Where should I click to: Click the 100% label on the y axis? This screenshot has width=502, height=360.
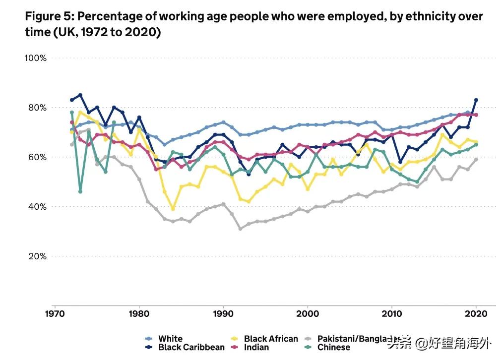(36, 58)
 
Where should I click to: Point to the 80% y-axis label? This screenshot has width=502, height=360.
(37, 108)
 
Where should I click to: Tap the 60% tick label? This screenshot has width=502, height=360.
(37, 157)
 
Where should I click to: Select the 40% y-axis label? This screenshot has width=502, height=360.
(37, 207)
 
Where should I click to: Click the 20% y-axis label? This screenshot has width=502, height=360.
(37, 256)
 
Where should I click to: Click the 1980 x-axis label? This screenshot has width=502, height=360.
(139, 314)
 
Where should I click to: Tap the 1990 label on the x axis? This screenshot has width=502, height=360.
(223, 314)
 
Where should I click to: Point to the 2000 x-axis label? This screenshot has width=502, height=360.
(308, 314)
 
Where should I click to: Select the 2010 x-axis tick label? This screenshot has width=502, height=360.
(392, 314)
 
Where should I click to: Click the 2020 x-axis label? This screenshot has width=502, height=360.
(476, 314)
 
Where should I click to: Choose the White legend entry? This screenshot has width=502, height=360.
(170, 339)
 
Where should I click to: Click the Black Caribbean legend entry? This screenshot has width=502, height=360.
(191, 347)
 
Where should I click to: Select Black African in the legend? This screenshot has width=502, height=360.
(271, 339)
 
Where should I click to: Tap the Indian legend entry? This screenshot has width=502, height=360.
(256, 347)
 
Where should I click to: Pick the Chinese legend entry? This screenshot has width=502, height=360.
(334, 347)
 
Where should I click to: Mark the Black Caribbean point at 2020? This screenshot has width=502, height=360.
(476, 100)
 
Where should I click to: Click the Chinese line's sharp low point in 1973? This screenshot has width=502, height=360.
(80, 191)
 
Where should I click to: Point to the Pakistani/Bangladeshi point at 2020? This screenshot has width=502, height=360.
(476, 159)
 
